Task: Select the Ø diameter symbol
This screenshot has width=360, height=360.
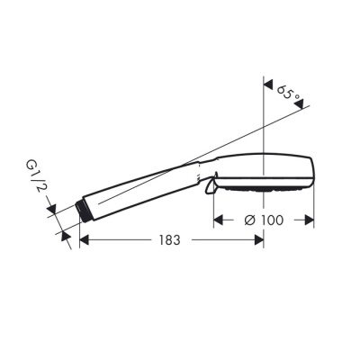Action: click(251, 220)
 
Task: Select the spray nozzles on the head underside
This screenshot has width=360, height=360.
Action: click(261, 191)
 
